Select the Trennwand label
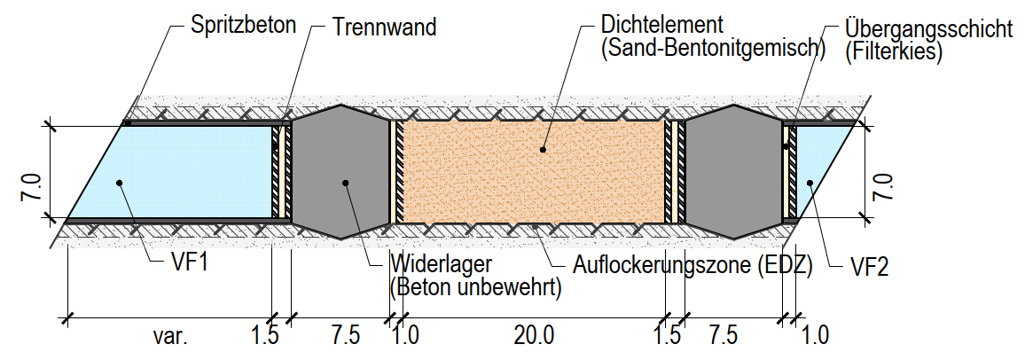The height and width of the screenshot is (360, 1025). coord(384,26)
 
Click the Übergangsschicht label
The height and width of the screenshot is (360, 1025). coord(928,28)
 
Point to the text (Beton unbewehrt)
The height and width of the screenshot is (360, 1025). coord(475,286)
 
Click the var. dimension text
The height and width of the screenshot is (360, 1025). coord(168,337)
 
